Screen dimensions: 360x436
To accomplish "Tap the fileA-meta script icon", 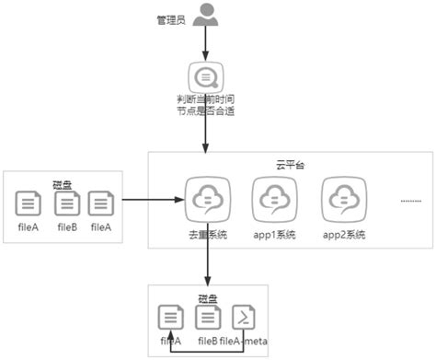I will pyautogui.click(x=244, y=318).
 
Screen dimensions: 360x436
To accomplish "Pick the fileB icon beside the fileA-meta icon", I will pyautogui.click(x=207, y=318).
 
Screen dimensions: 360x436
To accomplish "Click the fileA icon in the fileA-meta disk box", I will pyautogui.click(x=170, y=318).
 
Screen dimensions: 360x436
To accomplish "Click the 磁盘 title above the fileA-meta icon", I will pyautogui.click(x=208, y=298).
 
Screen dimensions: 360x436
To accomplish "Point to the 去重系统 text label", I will pyautogui.click(x=205, y=235).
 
